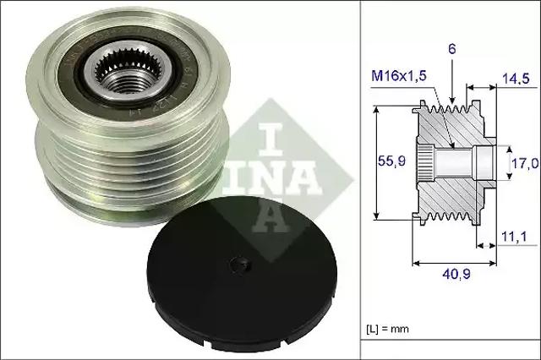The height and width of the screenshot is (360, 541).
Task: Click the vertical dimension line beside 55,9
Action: point(374,161)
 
